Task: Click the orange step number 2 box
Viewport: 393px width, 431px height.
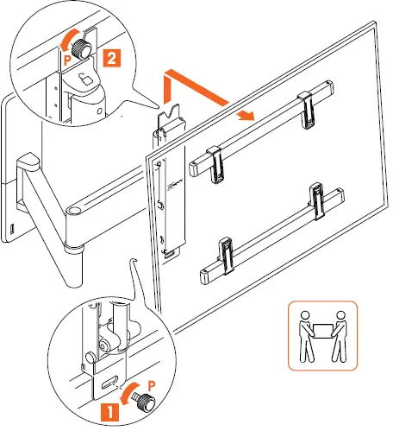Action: point(111,59)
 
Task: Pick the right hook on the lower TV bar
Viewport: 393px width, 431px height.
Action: point(321,201)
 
